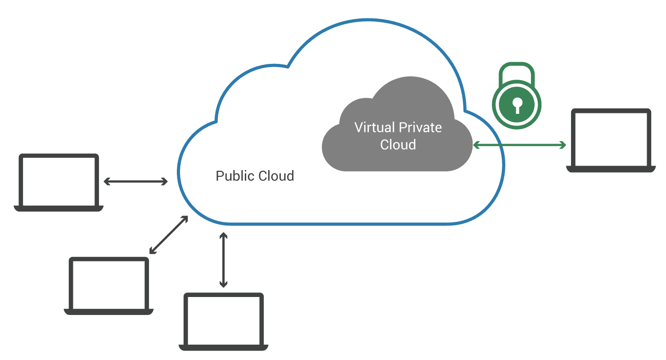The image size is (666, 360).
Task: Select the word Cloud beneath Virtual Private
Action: coord(398,145)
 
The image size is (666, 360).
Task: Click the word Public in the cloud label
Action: coord(234,176)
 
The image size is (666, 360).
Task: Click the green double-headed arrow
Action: coord(519,145)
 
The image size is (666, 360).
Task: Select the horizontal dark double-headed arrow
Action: coord(135,181)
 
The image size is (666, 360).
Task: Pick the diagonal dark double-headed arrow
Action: coord(169,235)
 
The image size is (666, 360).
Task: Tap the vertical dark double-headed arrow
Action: coord(223,260)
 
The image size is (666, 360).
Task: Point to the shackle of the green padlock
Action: coord(517,72)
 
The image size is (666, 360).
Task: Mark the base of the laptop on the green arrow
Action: coord(611,169)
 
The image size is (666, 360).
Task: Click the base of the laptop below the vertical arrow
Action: coord(224,347)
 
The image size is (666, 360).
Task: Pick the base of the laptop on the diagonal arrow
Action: coord(109,311)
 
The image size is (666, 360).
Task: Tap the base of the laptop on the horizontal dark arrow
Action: coord(58,208)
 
